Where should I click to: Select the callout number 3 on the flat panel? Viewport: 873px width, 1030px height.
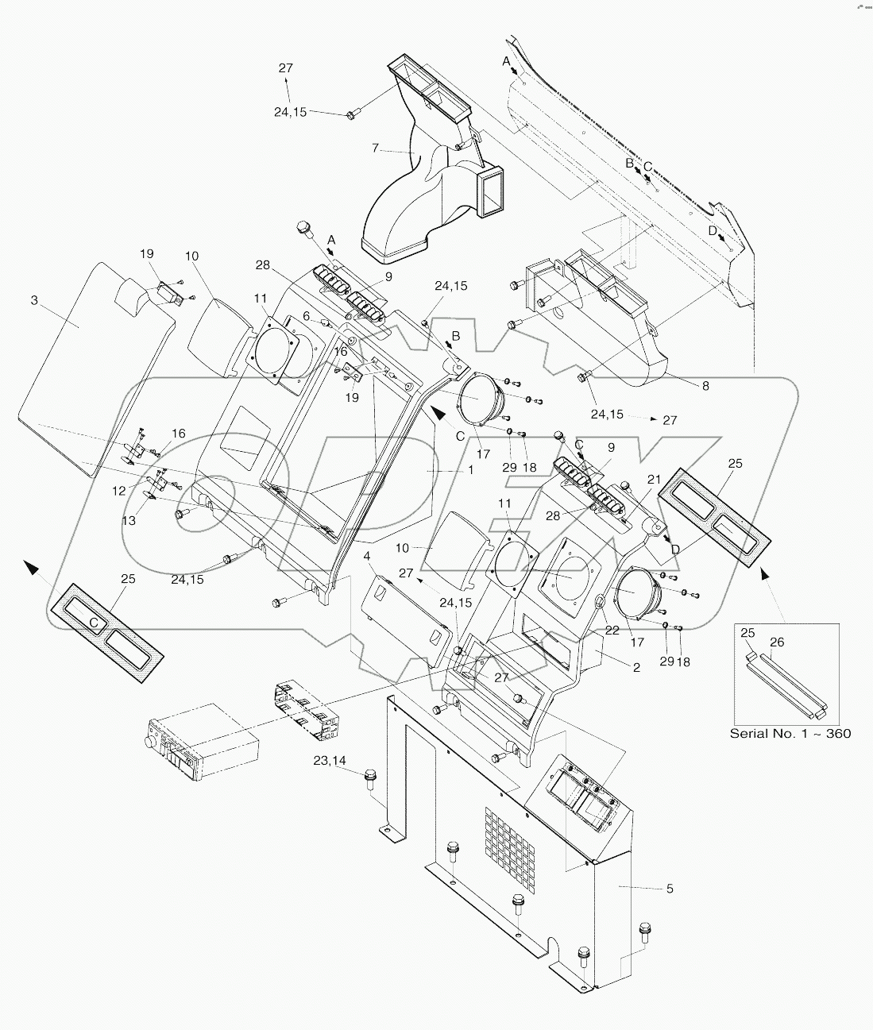tap(34, 299)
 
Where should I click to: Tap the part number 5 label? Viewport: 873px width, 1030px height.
tap(670, 889)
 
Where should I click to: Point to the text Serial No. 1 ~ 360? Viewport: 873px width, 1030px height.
tap(790, 733)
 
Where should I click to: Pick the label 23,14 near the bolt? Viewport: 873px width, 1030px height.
tap(330, 760)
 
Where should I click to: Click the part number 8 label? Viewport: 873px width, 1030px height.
tap(705, 386)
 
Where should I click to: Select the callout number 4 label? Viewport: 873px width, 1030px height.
tap(367, 557)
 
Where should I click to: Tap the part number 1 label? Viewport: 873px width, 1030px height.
tap(470, 470)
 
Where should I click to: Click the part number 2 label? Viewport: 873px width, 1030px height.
tap(636, 667)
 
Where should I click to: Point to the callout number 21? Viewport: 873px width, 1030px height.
tap(653, 480)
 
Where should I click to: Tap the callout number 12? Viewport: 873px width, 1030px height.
tap(119, 492)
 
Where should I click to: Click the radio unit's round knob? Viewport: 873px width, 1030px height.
tap(148, 742)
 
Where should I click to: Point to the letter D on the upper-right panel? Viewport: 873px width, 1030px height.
tap(713, 230)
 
